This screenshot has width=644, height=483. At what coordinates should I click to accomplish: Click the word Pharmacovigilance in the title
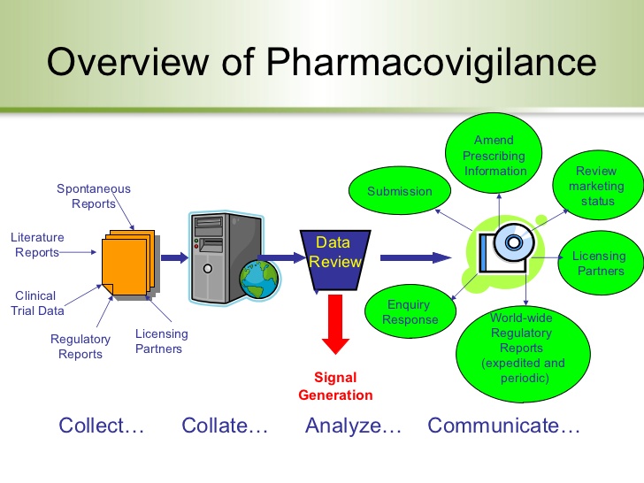[432, 63]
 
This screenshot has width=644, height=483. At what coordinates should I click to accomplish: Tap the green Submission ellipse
[400, 190]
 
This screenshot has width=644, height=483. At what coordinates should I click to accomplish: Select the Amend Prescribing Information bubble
[494, 153]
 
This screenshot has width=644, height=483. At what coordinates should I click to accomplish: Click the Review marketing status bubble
[598, 186]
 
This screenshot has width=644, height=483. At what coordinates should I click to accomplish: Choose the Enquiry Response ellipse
[410, 311]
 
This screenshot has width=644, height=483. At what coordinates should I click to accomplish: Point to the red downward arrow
[335, 325]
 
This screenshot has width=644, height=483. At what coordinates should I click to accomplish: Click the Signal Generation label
[335, 386]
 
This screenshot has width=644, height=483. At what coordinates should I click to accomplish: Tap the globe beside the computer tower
[259, 280]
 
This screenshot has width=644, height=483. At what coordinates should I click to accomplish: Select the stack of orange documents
[131, 264]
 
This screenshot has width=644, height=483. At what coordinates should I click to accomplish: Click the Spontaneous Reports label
[94, 195]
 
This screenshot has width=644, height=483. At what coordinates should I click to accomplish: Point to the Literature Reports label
[37, 244]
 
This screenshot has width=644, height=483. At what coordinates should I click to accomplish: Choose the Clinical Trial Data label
[37, 303]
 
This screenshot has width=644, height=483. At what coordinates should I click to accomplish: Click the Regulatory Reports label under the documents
[80, 346]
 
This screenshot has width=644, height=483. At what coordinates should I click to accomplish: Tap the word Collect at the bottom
[91, 425]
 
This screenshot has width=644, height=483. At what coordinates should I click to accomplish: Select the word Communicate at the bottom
[493, 425]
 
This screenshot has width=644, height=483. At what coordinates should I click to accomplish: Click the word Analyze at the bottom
[343, 425]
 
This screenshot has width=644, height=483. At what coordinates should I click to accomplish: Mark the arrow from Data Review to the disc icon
[416, 257]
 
